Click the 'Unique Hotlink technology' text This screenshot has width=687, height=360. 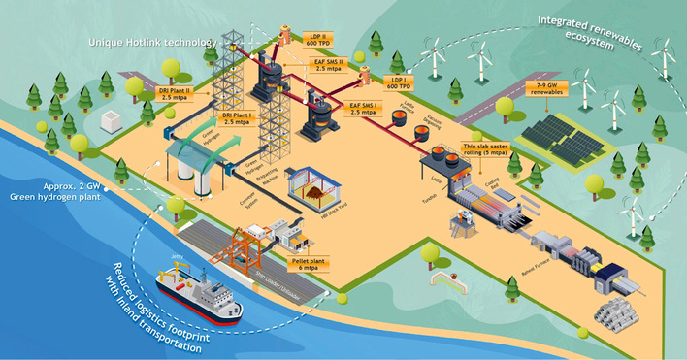click(x=142, y=43)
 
